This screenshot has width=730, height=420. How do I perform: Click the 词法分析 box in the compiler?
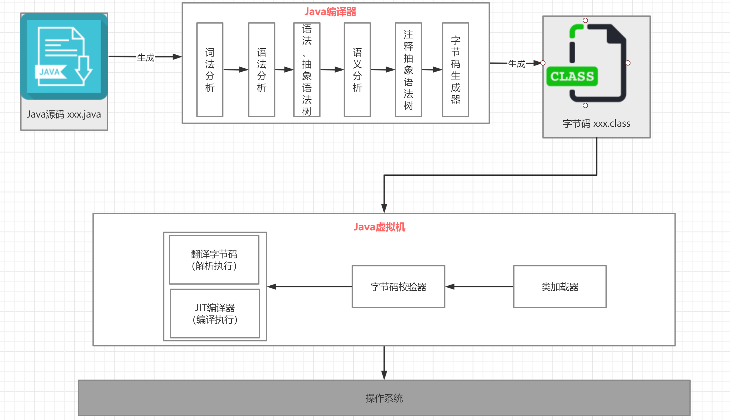click(210, 70)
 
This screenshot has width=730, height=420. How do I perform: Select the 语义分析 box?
click(357, 70)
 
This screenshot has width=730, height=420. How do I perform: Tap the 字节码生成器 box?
click(455, 70)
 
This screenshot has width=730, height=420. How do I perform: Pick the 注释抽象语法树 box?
click(408, 70)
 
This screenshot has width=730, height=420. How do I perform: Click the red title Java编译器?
click(330, 12)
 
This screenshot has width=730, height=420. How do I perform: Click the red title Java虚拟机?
click(379, 227)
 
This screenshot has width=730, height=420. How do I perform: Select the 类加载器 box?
click(559, 286)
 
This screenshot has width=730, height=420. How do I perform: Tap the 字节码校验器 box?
click(398, 286)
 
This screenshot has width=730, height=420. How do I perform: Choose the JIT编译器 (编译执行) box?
click(215, 313)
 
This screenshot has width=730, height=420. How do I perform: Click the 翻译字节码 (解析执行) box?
click(214, 260)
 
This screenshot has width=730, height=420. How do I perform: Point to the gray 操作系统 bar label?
click(384, 398)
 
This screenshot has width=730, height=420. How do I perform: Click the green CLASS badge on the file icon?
click(572, 76)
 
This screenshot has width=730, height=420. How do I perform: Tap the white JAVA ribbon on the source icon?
click(50, 72)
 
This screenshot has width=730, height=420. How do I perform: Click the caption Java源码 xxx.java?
click(64, 114)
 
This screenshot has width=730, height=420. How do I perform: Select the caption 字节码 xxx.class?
click(596, 123)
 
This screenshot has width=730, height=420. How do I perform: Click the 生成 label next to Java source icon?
click(146, 57)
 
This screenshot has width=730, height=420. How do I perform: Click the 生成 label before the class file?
click(516, 64)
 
